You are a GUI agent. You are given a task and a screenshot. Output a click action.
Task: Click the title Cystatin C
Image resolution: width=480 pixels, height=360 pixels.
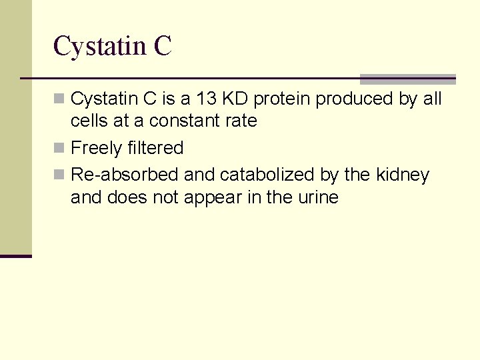pos(112,47)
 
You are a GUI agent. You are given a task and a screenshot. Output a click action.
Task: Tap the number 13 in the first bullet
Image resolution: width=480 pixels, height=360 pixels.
pos(207,99)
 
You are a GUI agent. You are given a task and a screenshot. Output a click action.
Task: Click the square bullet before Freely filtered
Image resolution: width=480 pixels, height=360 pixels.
pos(59,147)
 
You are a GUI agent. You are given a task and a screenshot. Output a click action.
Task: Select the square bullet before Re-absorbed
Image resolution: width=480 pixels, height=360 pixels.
pos(59,175)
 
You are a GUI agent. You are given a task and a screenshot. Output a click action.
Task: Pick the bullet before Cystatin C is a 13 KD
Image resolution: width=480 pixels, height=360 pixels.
pos(59,99)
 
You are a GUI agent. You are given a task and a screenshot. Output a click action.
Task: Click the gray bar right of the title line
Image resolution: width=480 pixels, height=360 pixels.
pos(407,79)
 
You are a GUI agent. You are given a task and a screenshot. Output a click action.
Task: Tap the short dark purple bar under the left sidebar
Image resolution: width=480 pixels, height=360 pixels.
pos(15,256)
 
